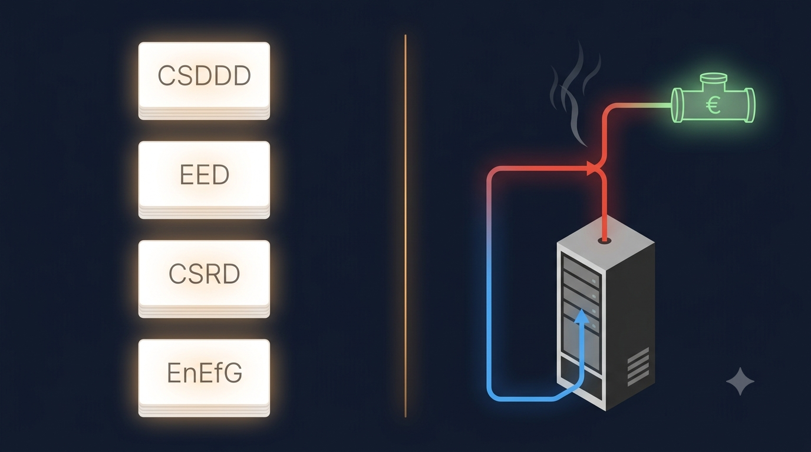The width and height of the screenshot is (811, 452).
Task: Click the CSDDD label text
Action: [x=204, y=75]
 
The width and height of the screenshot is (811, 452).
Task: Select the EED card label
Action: [x=205, y=175]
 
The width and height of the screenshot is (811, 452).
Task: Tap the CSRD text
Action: [x=204, y=274]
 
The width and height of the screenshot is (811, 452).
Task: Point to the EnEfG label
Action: [x=205, y=373]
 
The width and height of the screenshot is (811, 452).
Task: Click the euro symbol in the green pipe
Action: [x=713, y=105]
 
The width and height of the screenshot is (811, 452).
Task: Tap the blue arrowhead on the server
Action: [x=582, y=315]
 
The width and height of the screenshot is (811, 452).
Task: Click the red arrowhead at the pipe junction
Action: [x=592, y=168]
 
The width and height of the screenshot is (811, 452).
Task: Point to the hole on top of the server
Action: [x=604, y=241]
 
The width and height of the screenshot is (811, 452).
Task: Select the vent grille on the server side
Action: [x=638, y=366]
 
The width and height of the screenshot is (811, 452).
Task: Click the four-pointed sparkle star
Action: [x=740, y=381]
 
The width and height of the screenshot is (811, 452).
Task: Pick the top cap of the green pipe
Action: [x=713, y=78]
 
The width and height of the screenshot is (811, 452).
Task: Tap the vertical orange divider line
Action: [x=405, y=226]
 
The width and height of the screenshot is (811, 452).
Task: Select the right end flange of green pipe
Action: [x=750, y=105]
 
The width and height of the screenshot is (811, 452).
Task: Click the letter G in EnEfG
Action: [x=233, y=373]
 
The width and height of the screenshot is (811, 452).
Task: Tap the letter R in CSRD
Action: [x=213, y=274]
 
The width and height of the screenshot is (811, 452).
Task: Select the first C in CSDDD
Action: [x=167, y=75]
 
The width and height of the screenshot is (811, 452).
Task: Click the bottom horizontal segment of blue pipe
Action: [x=525, y=398]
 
